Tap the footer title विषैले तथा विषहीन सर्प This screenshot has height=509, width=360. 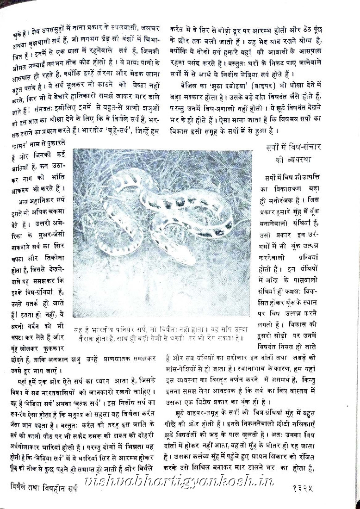[x=44, y=487]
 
